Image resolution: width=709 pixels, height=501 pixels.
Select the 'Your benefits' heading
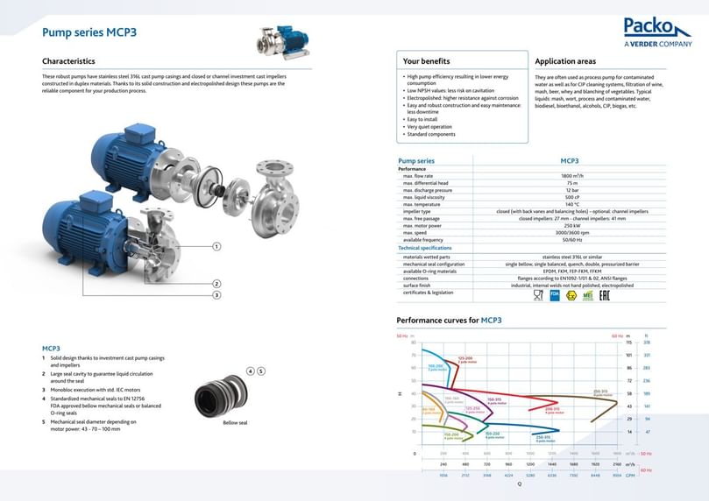[x=426, y=61]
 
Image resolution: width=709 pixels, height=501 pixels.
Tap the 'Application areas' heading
[x=565, y=61]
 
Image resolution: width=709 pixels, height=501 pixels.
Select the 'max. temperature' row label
[x=421, y=204]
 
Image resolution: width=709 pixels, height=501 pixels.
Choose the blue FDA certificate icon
[x=554, y=295]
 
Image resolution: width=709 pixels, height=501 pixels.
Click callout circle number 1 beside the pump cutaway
[x=216, y=247]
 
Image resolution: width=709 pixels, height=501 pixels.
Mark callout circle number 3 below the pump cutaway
[x=216, y=294]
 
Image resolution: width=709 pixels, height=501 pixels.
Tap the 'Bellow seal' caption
[x=236, y=423]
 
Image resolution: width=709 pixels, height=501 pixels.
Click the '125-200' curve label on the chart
[x=465, y=358]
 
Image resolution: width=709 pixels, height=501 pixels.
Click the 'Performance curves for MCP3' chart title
[x=449, y=321]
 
